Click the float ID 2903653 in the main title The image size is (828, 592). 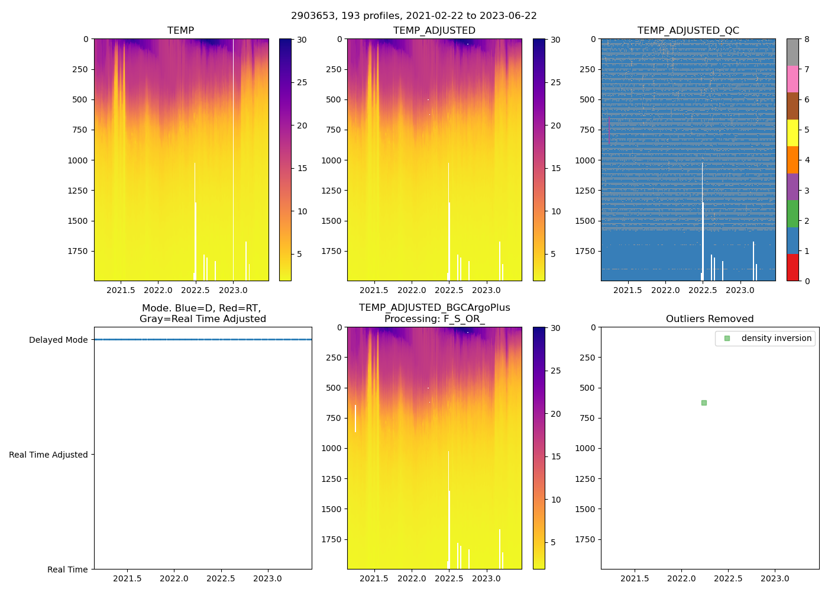(310, 16)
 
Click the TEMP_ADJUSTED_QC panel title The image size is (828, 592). (688, 31)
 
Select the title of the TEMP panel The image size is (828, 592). (180, 31)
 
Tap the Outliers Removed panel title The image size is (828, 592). (710, 319)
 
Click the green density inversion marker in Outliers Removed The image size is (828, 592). (704, 403)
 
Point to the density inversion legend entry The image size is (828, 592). (776, 338)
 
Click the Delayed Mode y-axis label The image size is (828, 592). (58, 340)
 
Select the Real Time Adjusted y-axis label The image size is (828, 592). (48, 455)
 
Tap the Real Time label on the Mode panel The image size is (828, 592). (67, 570)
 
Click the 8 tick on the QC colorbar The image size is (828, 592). (807, 40)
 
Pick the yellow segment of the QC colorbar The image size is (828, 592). (793, 133)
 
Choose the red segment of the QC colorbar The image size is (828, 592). (793, 268)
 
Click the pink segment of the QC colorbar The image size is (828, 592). (793, 79)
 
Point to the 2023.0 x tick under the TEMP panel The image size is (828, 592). (233, 290)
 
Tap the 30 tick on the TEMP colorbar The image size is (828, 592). (302, 40)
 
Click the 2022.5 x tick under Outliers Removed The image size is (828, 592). (728, 578)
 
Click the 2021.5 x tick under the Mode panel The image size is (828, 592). (127, 578)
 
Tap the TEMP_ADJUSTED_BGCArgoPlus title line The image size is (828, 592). (434, 308)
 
